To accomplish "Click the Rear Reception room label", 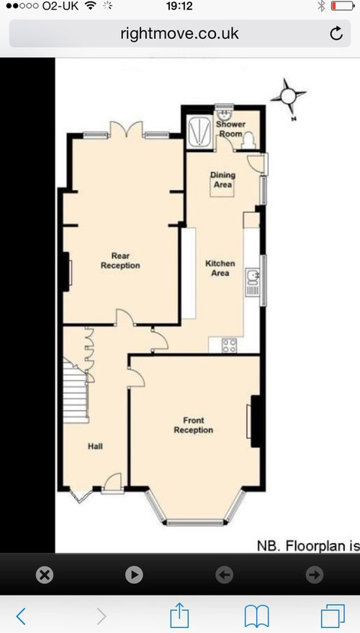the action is [120, 261].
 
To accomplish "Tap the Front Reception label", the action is [193, 425].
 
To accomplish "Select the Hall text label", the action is [95, 446].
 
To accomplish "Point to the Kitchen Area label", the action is [220, 268].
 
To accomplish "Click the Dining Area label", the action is [222, 179].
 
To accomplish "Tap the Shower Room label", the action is [231, 129].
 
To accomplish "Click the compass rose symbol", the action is [288, 96].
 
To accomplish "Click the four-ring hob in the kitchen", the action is [229, 346].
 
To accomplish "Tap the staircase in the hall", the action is [76, 390].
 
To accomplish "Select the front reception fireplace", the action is [255, 421].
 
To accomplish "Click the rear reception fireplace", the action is [68, 271].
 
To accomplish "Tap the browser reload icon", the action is [336, 34].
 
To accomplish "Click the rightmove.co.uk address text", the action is [179, 33].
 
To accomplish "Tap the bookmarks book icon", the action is [257, 616].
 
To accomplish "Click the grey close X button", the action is [45, 575].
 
